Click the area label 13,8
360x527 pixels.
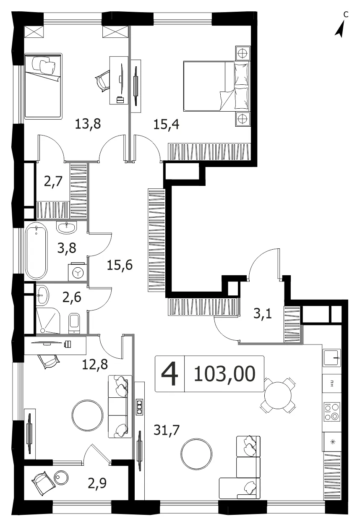point(88,124)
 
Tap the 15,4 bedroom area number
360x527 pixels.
point(166,124)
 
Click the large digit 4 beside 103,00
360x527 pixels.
point(170,374)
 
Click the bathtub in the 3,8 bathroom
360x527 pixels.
point(37,251)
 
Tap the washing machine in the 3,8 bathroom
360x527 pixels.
point(77,272)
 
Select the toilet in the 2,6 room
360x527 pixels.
point(75,323)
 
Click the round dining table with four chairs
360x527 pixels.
point(278,396)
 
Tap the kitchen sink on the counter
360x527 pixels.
point(332,357)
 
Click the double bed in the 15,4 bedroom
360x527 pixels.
point(216,86)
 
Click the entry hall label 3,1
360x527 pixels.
point(263,313)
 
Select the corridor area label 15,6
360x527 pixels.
point(120,265)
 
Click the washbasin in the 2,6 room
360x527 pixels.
point(43,295)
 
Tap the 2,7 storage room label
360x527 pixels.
point(53,181)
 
